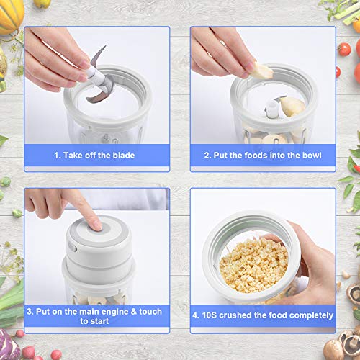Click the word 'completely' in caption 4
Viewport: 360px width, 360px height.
[310, 315]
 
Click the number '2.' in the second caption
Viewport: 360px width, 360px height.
[206, 155]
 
